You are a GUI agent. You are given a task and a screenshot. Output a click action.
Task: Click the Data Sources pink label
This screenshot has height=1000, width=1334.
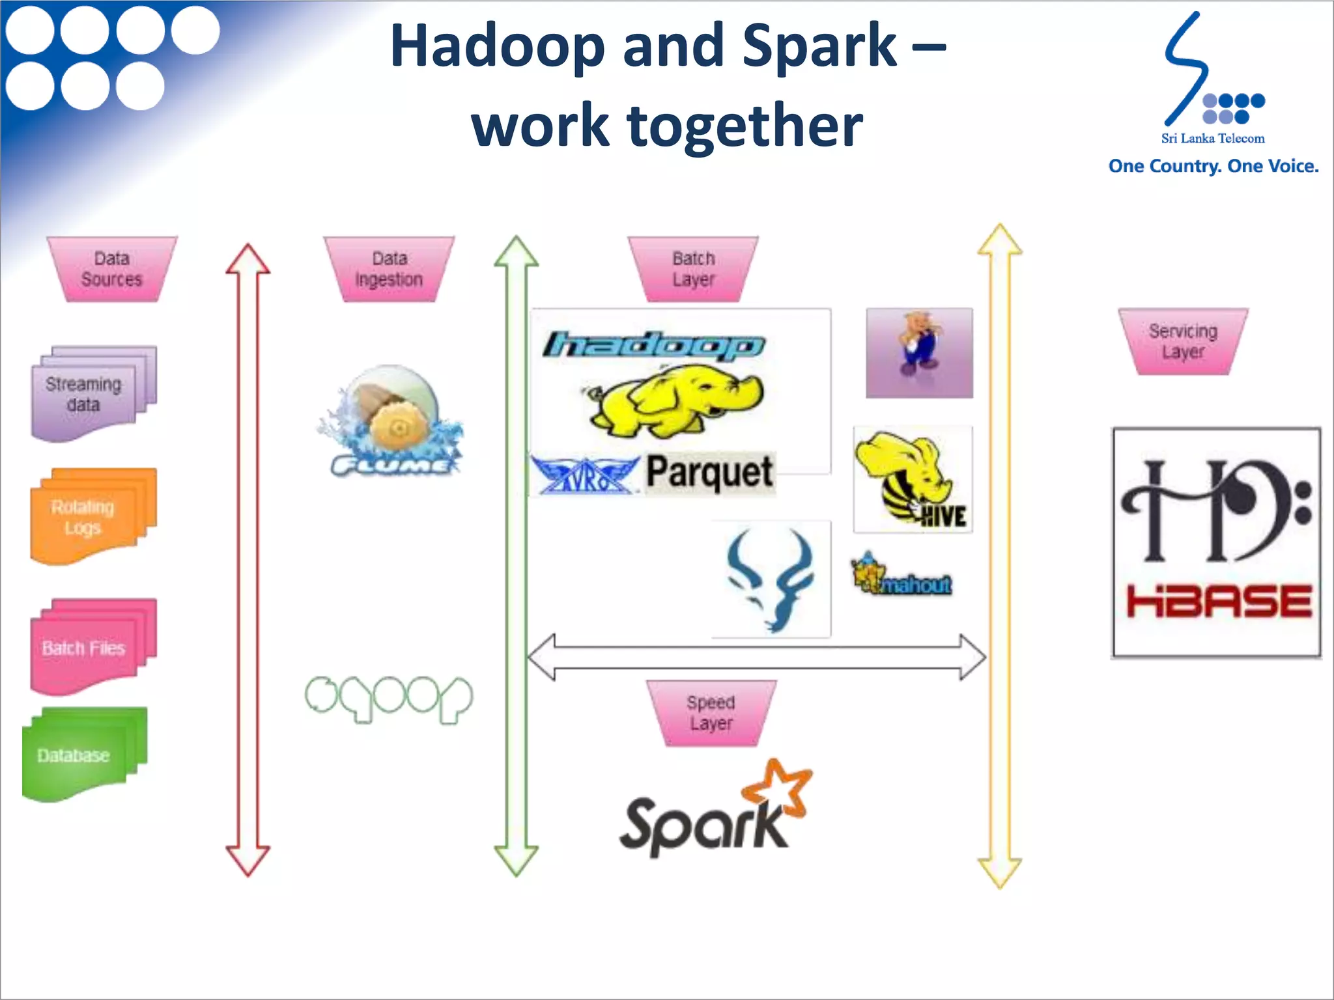111,269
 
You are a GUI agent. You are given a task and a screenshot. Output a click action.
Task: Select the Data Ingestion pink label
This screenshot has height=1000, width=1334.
389,269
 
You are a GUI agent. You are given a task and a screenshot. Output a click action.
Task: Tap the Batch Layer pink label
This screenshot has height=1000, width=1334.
693,269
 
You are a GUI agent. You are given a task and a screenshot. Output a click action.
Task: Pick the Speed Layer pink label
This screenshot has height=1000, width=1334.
711,713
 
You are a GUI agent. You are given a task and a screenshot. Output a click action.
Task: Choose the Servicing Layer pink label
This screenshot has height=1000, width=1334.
1183,341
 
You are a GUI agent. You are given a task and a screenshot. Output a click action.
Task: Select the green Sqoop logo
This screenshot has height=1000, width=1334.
389,699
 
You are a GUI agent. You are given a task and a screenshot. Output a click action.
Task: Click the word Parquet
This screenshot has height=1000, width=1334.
709,473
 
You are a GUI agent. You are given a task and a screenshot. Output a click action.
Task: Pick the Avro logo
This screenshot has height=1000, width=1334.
584,475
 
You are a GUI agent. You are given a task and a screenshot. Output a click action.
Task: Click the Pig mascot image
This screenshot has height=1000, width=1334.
918,352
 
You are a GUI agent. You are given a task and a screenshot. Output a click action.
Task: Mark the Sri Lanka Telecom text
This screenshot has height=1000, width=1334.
1212,138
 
